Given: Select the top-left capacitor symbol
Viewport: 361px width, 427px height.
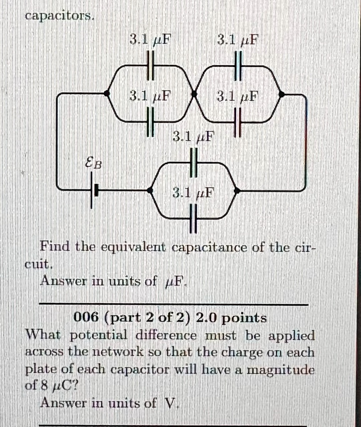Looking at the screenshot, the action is coord(151,65).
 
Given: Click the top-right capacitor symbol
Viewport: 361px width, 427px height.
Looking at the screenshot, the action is coord(238,65).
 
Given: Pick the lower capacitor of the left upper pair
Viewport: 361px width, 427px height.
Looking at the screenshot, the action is coord(151,121).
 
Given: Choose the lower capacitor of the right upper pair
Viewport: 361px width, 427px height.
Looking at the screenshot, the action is coord(238,122).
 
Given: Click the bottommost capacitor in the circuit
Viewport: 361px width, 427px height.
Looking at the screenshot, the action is coord(193,219).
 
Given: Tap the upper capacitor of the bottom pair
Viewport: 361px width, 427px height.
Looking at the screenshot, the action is coord(193,163).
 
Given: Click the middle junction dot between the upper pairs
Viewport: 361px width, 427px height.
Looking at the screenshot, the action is coord(194,94).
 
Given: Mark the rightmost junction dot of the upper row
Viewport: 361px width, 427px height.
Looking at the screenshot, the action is coord(281,94).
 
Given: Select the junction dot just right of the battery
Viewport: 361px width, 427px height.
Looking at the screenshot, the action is coord(150,190).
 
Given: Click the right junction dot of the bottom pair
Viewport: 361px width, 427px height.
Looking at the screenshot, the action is coord(237,190).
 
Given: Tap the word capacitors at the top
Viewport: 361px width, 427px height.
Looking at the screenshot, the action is coord(60,16).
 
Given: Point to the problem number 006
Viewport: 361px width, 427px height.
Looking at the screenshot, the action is coord(86,317).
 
